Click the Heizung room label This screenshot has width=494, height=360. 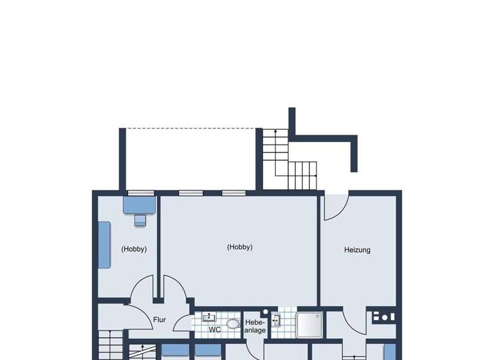pos(357,250)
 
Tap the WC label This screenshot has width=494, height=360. pos(215,329)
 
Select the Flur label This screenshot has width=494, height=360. pos(160,319)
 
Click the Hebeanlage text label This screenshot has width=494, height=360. pos(255,326)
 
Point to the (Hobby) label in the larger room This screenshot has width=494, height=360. pos(240,247)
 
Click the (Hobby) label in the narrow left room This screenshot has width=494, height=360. pos(134,249)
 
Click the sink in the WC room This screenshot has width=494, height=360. pos(208,317)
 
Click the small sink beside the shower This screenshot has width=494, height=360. pos(276,319)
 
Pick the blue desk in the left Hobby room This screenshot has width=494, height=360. pos(140,205)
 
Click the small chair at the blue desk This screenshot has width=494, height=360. pos(140,221)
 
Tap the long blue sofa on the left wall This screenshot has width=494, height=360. pos(104,245)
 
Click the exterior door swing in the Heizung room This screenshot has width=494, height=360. pos(335,206)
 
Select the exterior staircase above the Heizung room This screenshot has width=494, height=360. pos(289,161)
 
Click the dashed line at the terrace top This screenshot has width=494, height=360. pos(191,129)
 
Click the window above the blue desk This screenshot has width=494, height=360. pos(140,192)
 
